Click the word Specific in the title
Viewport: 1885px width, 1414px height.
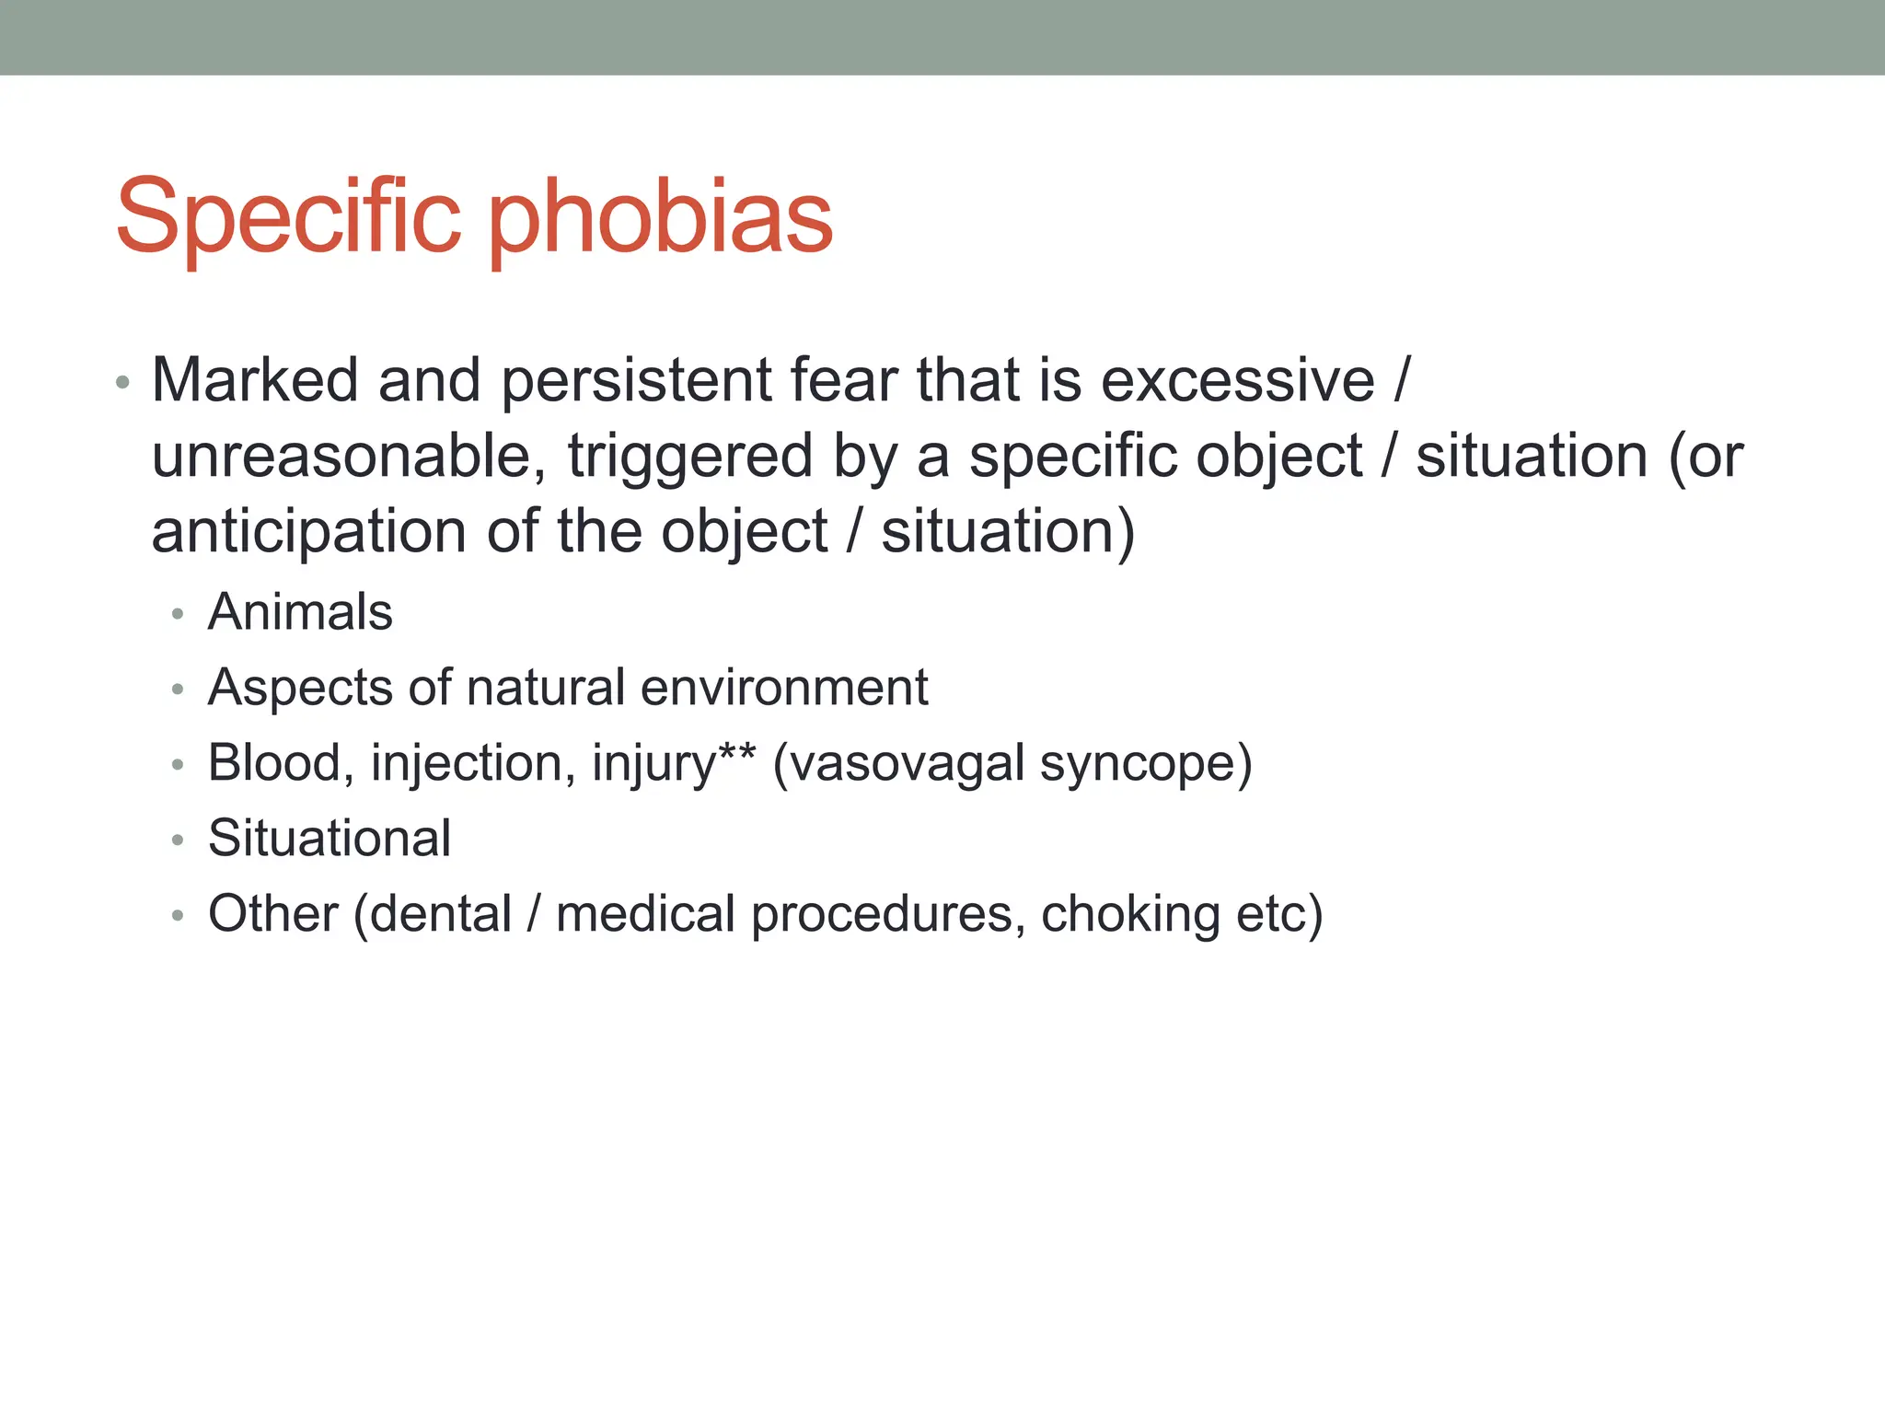click(x=287, y=217)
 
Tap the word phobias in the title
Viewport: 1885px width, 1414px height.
click(x=661, y=217)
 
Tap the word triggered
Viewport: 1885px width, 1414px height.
click(x=690, y=457)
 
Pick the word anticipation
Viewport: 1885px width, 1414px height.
click(x=309, y=532)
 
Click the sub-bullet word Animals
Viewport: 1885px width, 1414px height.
click(x=300, y=612)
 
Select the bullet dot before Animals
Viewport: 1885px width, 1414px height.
click(x=178, y=614)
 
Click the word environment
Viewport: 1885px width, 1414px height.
click(x=784, y=688)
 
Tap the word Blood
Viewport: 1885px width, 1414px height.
click(x=274, y=763)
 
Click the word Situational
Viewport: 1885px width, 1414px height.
click(x=330, y=839)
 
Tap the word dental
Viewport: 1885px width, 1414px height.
click(x=440, y=914)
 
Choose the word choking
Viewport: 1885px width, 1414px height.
click(x=1130, y=914)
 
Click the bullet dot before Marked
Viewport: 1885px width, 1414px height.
click(x=123, y=382)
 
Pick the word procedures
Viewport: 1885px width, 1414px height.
click(x=882, y=914)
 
